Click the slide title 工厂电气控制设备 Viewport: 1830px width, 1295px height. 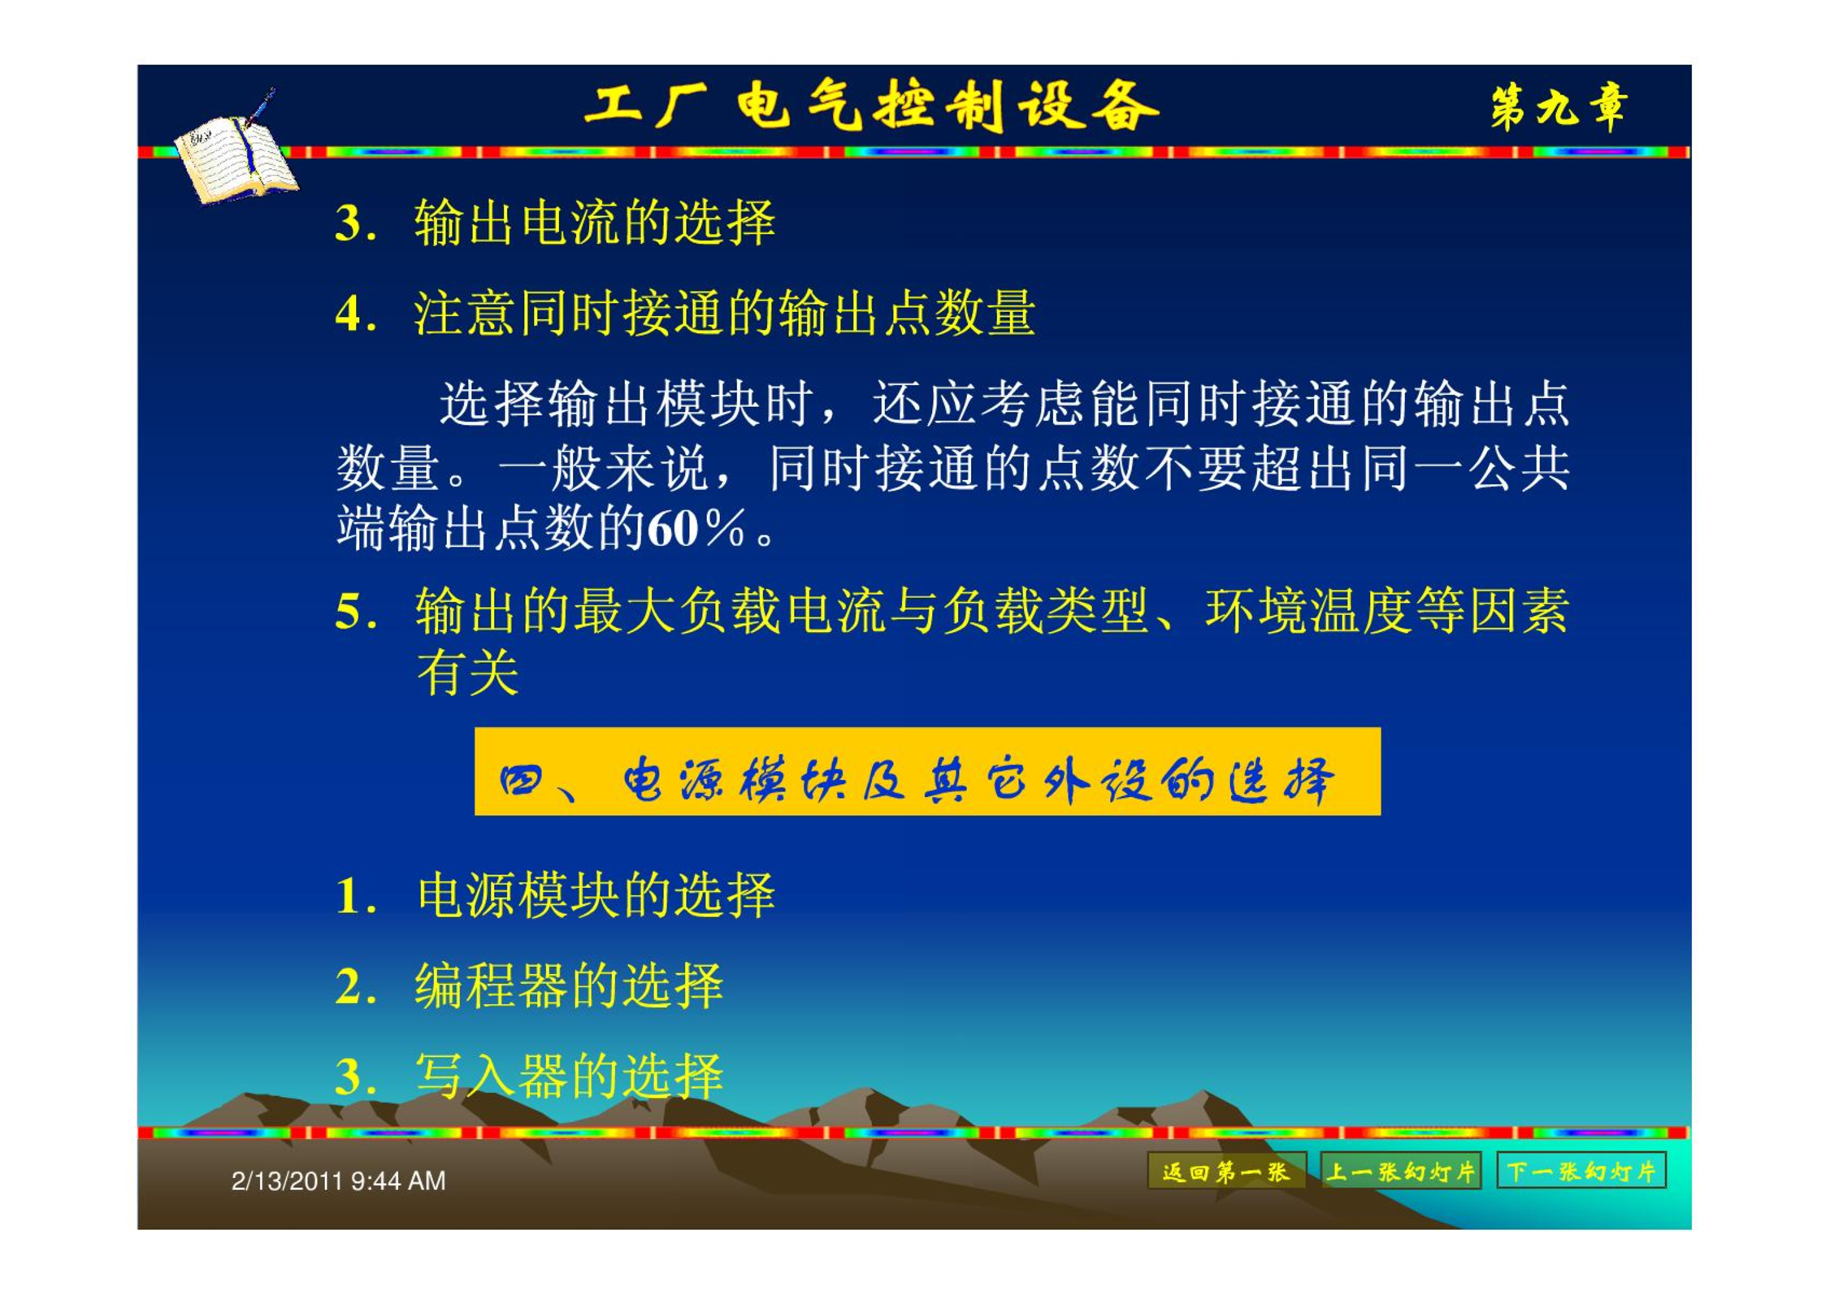871,106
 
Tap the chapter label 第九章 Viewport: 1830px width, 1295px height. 1559,106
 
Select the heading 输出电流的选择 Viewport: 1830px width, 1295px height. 595,223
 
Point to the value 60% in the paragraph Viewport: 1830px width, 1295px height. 696,529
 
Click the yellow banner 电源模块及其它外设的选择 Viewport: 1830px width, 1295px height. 927,772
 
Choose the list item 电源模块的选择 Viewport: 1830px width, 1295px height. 596,895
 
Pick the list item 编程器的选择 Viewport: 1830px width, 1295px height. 569,986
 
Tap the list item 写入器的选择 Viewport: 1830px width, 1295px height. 569,1076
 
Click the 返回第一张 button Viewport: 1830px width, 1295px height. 1226,1171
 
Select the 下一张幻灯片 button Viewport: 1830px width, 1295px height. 1581,1171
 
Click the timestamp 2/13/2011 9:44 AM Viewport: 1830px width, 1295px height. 338,1180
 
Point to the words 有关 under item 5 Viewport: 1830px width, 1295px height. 467,673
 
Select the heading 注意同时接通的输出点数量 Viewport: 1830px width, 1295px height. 724,314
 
